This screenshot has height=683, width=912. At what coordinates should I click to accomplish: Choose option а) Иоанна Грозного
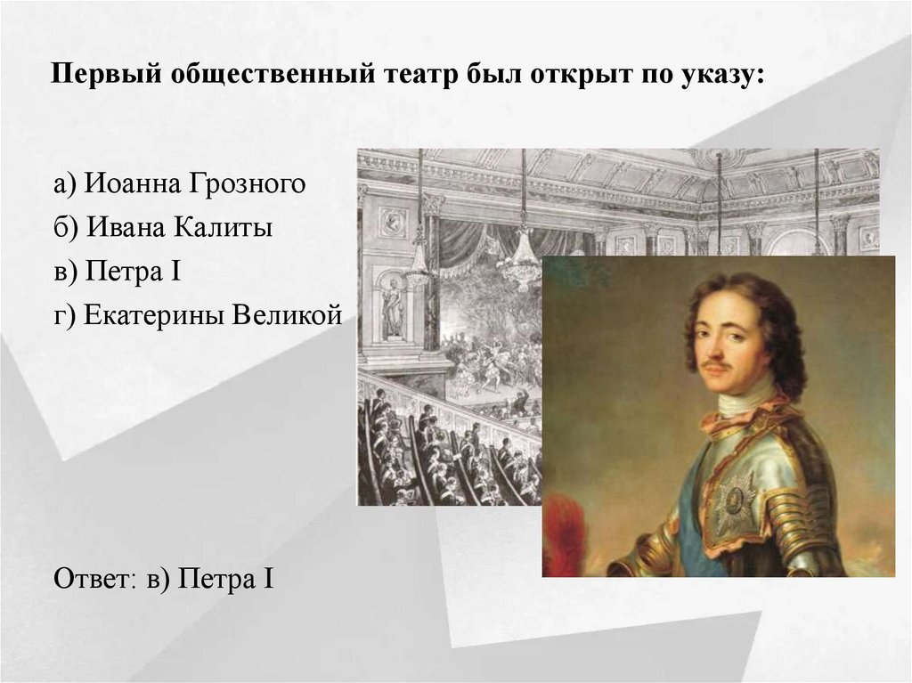tap(178, 185)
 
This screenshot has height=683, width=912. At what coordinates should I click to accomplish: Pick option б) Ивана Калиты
tap(162, 227)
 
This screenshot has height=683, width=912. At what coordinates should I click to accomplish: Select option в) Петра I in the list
tap(118, 271)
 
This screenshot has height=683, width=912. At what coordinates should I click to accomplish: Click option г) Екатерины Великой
tap(197, 314)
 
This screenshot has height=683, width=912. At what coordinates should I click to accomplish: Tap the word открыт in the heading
tap(580, 76)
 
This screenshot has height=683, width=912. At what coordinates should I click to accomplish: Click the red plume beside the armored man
tap(566, 539)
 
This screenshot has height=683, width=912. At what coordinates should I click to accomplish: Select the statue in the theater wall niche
tap(392, 307)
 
